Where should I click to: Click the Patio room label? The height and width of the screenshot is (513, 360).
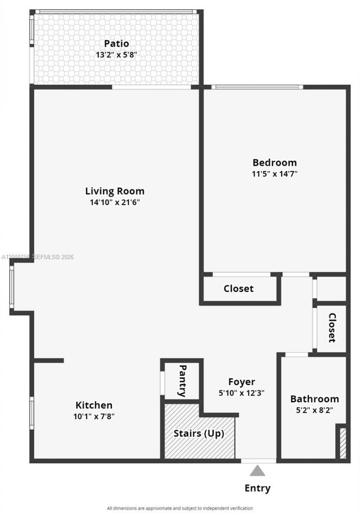point(117,44)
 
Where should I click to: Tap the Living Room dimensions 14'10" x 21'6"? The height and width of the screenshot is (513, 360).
point(115,202)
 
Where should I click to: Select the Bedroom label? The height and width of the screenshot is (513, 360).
point(274,162)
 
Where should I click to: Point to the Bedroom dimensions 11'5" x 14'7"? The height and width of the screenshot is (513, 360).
point(274,174)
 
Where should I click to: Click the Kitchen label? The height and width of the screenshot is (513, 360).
point(94,405)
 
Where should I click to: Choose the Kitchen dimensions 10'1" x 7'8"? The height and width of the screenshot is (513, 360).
point(94,416)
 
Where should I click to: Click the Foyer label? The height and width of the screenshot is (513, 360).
point(242,382)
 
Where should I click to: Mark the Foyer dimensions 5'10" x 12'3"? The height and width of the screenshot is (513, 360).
point(242,393)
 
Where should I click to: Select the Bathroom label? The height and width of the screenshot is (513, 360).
point(315,399)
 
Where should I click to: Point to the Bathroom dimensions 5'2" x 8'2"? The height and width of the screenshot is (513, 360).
point(315,410)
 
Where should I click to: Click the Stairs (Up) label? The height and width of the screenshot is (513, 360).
point(199,434)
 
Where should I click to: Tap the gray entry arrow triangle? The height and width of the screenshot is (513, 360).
point(257,471)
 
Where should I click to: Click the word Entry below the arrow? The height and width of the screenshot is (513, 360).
point(257,488)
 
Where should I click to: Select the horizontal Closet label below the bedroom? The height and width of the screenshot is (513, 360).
point(238,288)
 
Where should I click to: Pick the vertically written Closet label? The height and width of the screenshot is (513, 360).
point(332,328)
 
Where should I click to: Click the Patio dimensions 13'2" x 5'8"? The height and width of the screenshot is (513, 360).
point(117,55)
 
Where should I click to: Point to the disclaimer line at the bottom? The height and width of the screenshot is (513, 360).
point(180,508)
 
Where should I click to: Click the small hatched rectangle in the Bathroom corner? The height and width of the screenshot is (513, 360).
point(343,443)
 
